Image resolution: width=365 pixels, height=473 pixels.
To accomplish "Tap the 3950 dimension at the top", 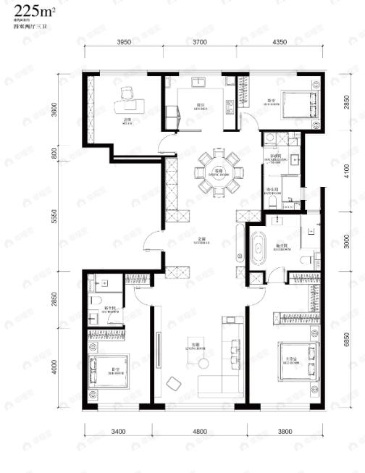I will click(x=124, y=43).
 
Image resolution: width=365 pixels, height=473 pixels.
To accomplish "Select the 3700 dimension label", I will click(x=201, y=43).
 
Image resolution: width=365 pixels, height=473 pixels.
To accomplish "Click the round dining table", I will click(x=216, y=173).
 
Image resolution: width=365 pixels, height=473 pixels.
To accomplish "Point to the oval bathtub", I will click(x=257, y=248).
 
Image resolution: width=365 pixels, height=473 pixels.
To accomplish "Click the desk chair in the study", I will click(x=127, y=93).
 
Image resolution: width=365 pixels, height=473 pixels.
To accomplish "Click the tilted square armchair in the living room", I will click(x=175, y=383).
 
